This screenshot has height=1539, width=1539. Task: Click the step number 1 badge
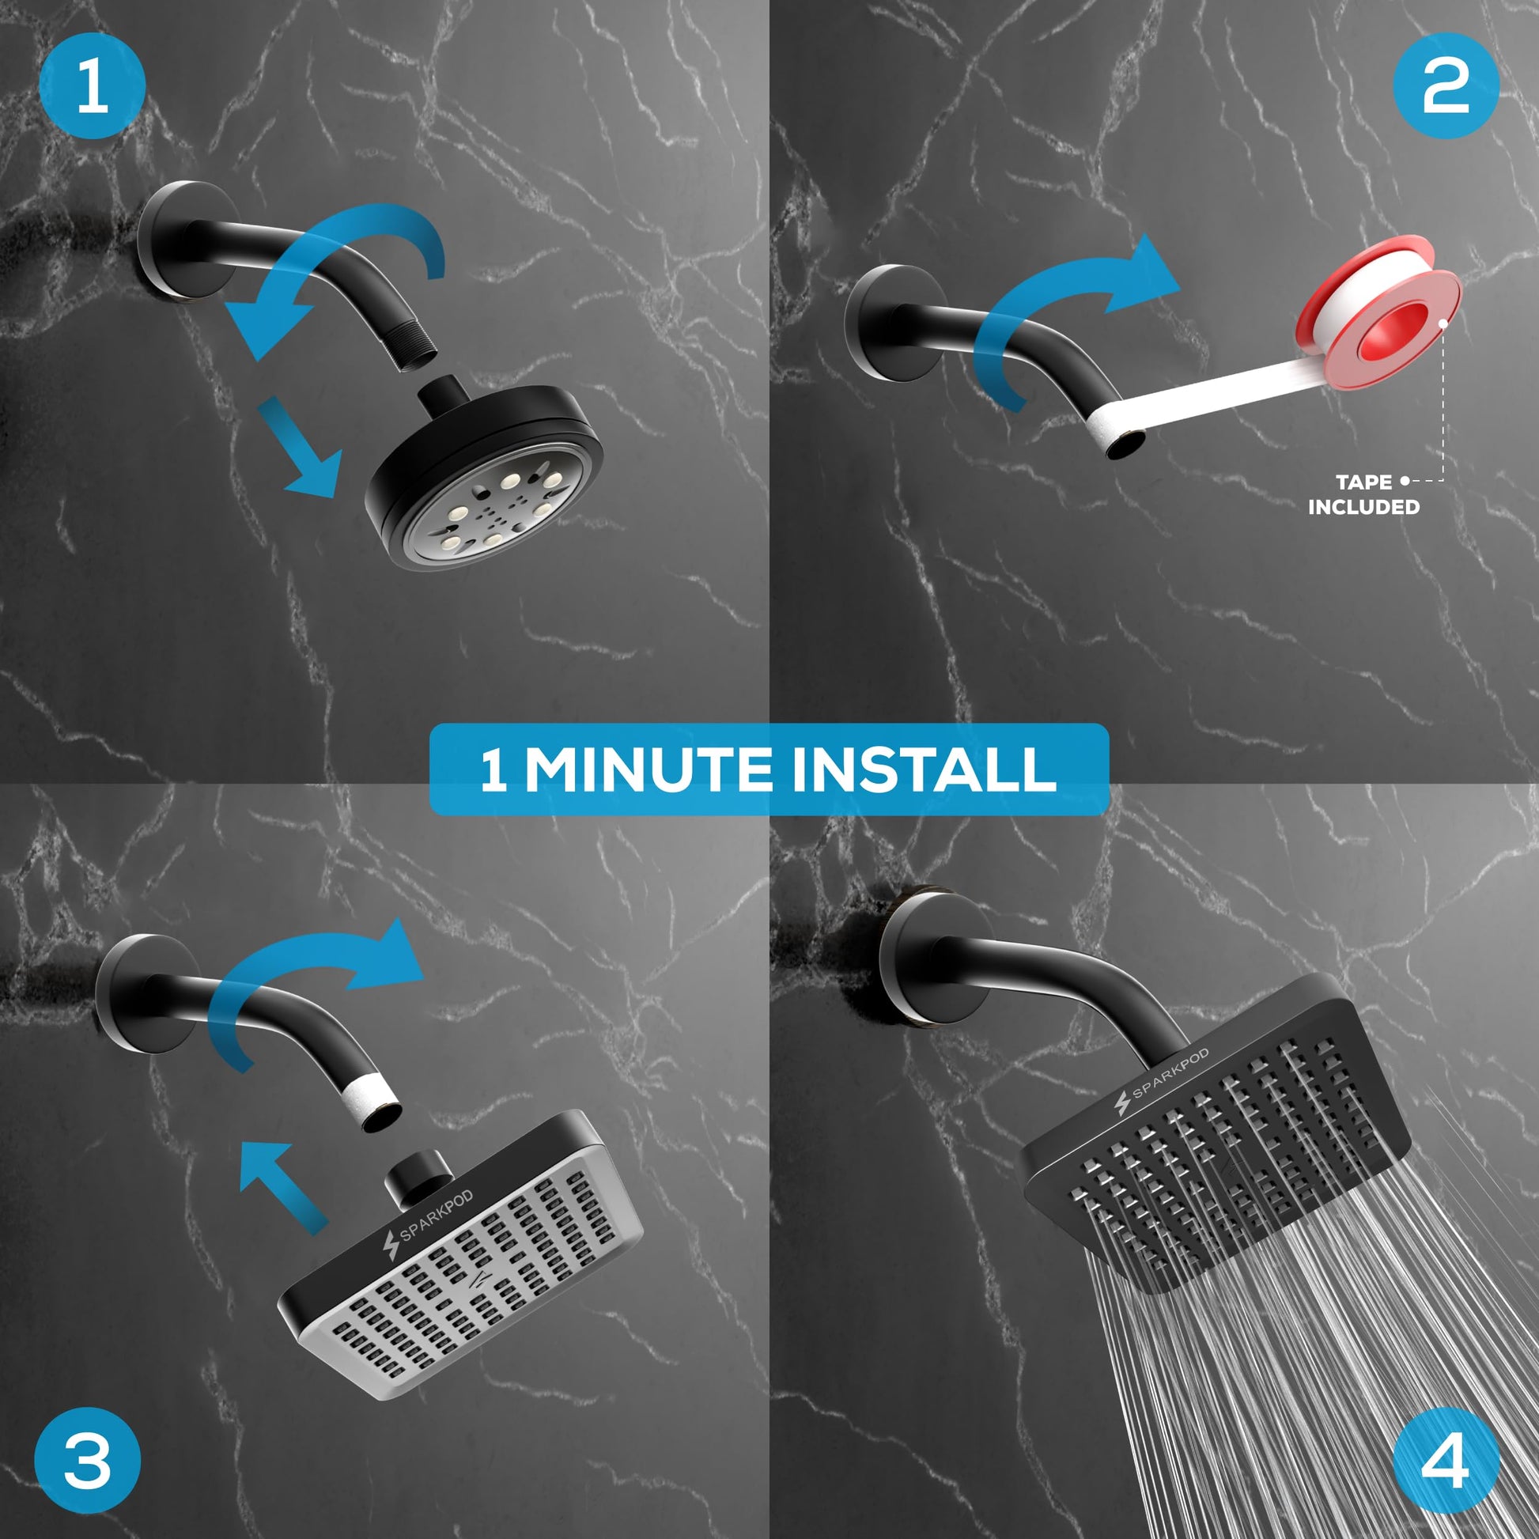coord(93,86)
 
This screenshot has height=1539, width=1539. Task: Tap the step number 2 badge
coord(1445,86)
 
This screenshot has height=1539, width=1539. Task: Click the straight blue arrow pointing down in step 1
coord(300,448)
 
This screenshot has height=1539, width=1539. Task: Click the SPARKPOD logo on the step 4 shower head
coord(1162,1082)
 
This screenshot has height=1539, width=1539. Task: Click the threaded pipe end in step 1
coord(416,350)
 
